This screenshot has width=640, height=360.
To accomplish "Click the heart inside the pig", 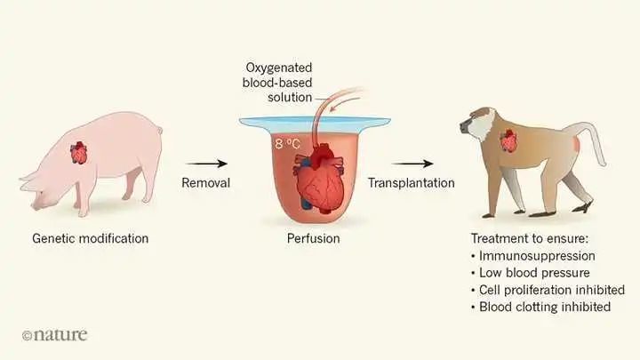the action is tap(79, 153).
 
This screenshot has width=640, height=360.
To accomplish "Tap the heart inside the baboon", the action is tap(508, 140).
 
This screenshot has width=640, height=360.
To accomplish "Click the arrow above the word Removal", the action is tap(206, 164).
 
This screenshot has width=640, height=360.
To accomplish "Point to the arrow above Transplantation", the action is tap(412, 164).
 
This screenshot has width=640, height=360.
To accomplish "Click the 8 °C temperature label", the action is tap(287, 144).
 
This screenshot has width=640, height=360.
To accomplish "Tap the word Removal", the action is tap(205, 182).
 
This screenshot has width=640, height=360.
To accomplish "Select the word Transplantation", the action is tap(412, 183).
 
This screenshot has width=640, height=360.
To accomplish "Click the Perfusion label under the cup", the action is tap(314, 238).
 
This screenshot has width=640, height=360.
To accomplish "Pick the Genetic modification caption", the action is tap(90, 238).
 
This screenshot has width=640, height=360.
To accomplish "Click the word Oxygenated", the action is tap(279, 68).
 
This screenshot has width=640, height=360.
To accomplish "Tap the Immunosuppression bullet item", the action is tap(533, 256).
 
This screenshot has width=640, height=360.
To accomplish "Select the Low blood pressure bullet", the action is tap(531, 273).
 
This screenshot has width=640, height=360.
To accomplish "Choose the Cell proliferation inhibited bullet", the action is tap(548, 290).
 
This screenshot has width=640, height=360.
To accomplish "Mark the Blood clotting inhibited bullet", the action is tap(541, 307).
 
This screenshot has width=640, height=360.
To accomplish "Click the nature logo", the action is tap(55, 335).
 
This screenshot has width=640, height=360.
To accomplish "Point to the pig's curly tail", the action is tap(160, 130).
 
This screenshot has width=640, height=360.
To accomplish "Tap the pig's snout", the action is tap(36, 206).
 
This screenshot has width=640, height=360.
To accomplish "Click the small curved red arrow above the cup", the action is tap(345, 103).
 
